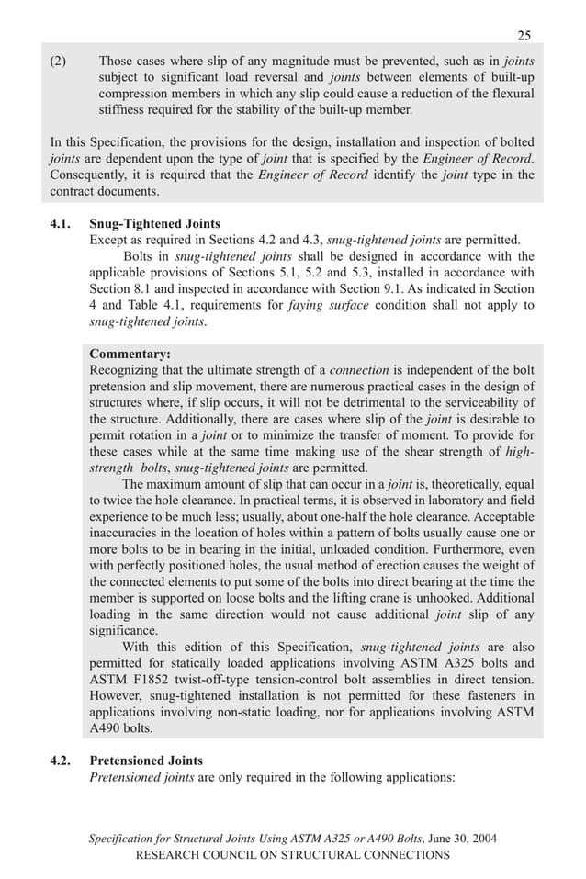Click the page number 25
point(524,36)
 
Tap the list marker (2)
point(61,61)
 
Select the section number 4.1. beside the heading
point(62,223)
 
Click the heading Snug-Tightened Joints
point(154,223)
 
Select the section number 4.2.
point(62,761)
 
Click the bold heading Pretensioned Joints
point(146,761)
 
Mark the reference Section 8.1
point(119,288)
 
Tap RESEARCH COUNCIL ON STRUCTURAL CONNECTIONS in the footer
point(292,855)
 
